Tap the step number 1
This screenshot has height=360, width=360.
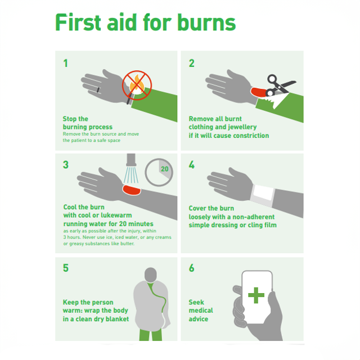(66, 64)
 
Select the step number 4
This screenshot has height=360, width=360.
(191, 165)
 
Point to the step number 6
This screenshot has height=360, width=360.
(191, 268)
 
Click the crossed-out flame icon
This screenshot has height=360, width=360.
(137, 85)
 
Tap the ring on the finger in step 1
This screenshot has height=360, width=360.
(98, 90)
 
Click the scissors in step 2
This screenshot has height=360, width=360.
(280, 85)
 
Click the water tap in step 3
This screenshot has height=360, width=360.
(131, 160)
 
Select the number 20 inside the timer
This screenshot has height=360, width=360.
(165, 169)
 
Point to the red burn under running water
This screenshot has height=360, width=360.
(131, 190)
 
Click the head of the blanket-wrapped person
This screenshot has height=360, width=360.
(151, 274)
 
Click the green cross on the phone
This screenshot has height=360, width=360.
(256, 295)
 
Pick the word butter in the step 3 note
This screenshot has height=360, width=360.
(128, 244)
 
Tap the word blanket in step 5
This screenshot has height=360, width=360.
(117, 319)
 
